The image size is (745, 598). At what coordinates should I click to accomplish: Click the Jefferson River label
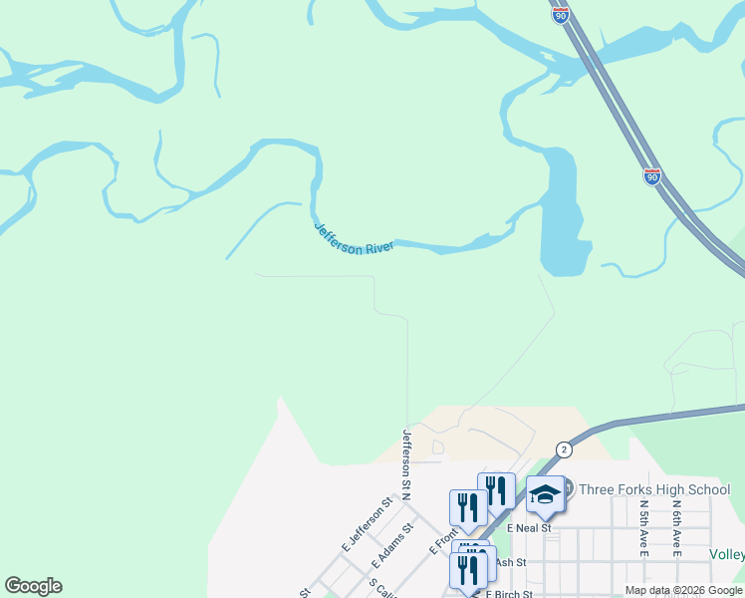click(x=355, y=238)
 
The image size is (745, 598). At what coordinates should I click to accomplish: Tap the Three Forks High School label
click(x=654, y=489)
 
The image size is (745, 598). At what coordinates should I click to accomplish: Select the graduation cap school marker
click(x=546, y=494)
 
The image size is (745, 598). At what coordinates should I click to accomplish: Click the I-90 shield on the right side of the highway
click(x=651, y=176)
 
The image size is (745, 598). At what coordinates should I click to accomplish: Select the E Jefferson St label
click(x=368, y=524)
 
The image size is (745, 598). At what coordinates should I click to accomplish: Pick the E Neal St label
click(x=528, y=527)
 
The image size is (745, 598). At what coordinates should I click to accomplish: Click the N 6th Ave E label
click(x=675, y=528)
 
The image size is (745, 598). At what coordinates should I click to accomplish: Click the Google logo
click(x=33, y=586)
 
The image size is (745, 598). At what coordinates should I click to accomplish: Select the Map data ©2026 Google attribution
click(x=684, y=591)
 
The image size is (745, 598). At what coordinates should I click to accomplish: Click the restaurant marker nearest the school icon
click(x=496, y=490)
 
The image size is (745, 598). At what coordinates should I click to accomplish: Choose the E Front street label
click(x=443, y=541)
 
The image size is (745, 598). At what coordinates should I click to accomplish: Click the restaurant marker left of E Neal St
click(x=468, y=507)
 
